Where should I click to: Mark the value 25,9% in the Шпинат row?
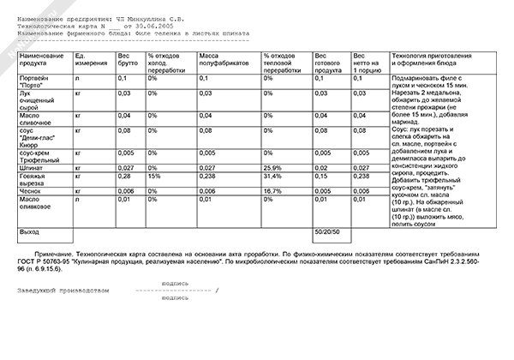pyautogui.click(x=274, y=167)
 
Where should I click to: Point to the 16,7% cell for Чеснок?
pyautogui.click(x=274, y=191)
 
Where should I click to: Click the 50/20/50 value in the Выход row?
pyautogui.click(x=328, y=232)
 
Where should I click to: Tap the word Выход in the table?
pyautogui.click(x=30, y=232)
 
